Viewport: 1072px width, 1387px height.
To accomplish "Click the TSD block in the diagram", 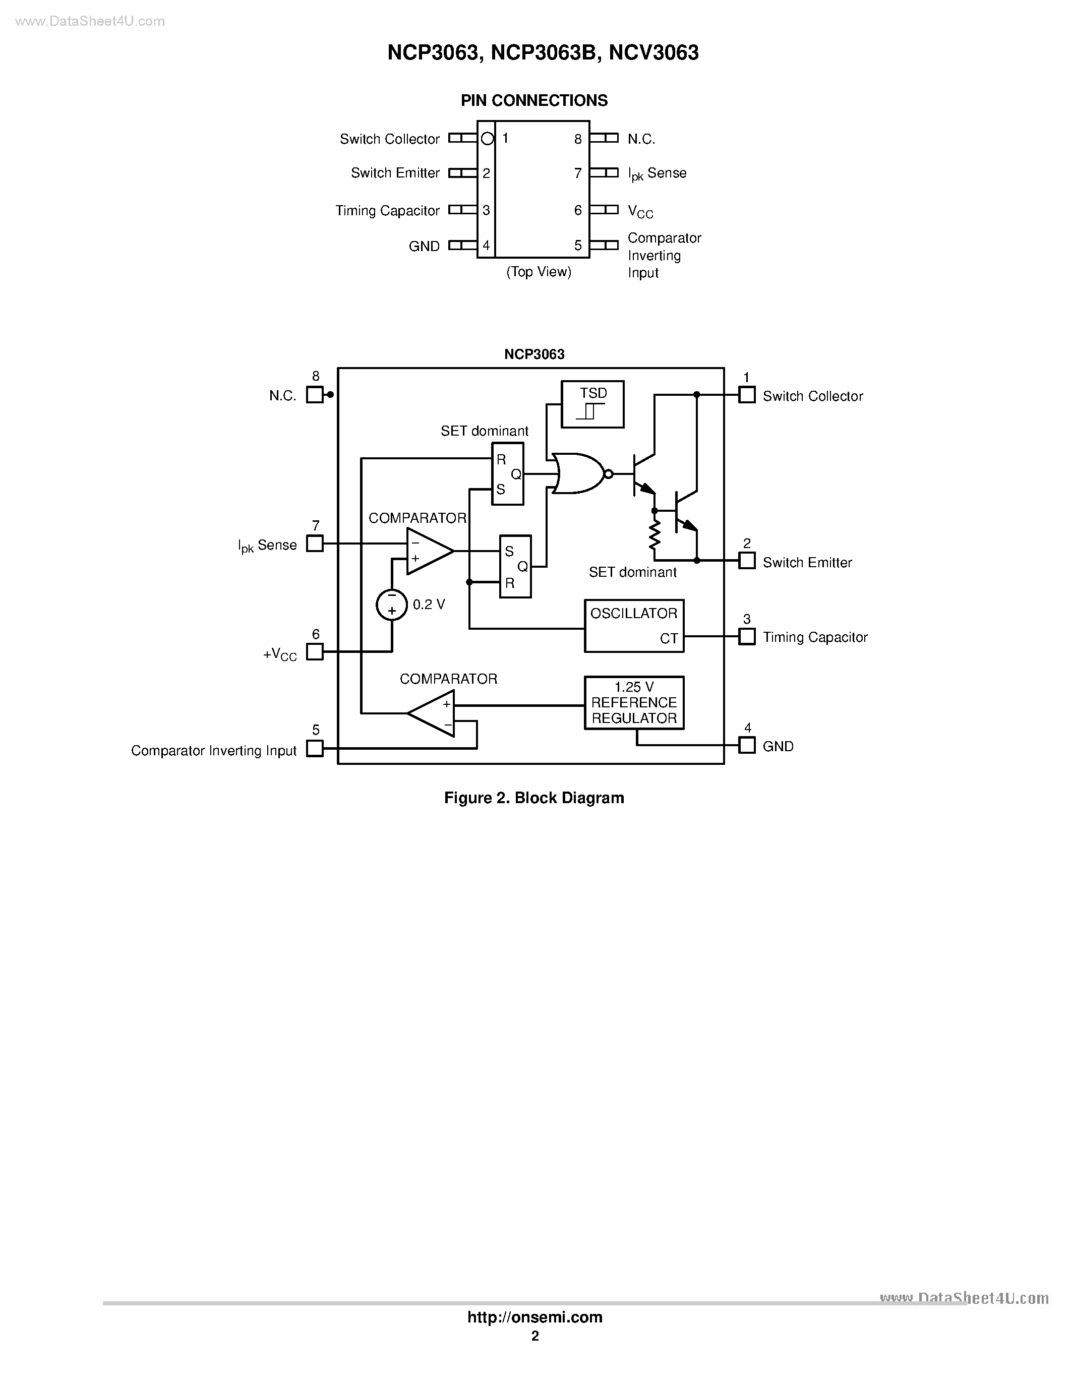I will pyautogui.click(x=592, y=404).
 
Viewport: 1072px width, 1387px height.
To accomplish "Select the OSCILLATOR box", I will pyautogui.click(x=634, y=626).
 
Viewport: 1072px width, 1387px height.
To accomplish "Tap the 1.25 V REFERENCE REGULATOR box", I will pyautogui.click(x=634, y=702).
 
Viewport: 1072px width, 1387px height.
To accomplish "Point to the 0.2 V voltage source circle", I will pyautogui.click(x=392, y=605).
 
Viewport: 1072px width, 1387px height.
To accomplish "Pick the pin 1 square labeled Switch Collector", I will pyautogui.click(x=747, y=395).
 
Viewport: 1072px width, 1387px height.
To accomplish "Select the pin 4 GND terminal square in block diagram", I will pyautogui.click(x=747, y=745).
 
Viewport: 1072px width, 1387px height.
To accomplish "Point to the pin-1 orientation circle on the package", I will pyautogui.click(x=487, y=139).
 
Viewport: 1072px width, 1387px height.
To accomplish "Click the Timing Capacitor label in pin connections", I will pyautogui.click(x=387, y=211).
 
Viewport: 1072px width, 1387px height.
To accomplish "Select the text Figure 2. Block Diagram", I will pyautogui.click(x=534, y=798).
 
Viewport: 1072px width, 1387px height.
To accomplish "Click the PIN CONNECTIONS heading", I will pyautogui.click(x=534, y=100).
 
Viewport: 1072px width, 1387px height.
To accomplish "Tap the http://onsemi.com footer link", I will pyautogui.click(x=534, y=1317).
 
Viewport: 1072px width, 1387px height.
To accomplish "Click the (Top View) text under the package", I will pyautogui.click(x=539, y=272).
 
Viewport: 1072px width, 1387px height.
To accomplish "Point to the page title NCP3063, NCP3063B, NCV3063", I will pyautogui.click(x=543, y=52).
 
